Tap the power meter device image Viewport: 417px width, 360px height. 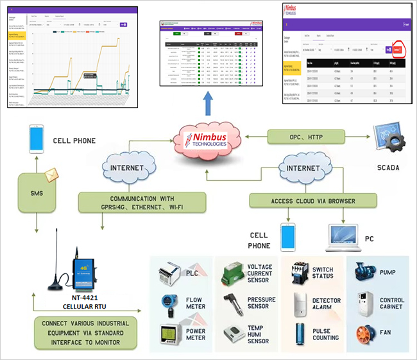pos(168,335)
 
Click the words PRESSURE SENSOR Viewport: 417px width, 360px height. pos(262,303)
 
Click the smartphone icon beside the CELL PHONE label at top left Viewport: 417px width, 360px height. pos(36,140)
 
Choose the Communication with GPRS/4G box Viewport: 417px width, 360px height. pos(140,203)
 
